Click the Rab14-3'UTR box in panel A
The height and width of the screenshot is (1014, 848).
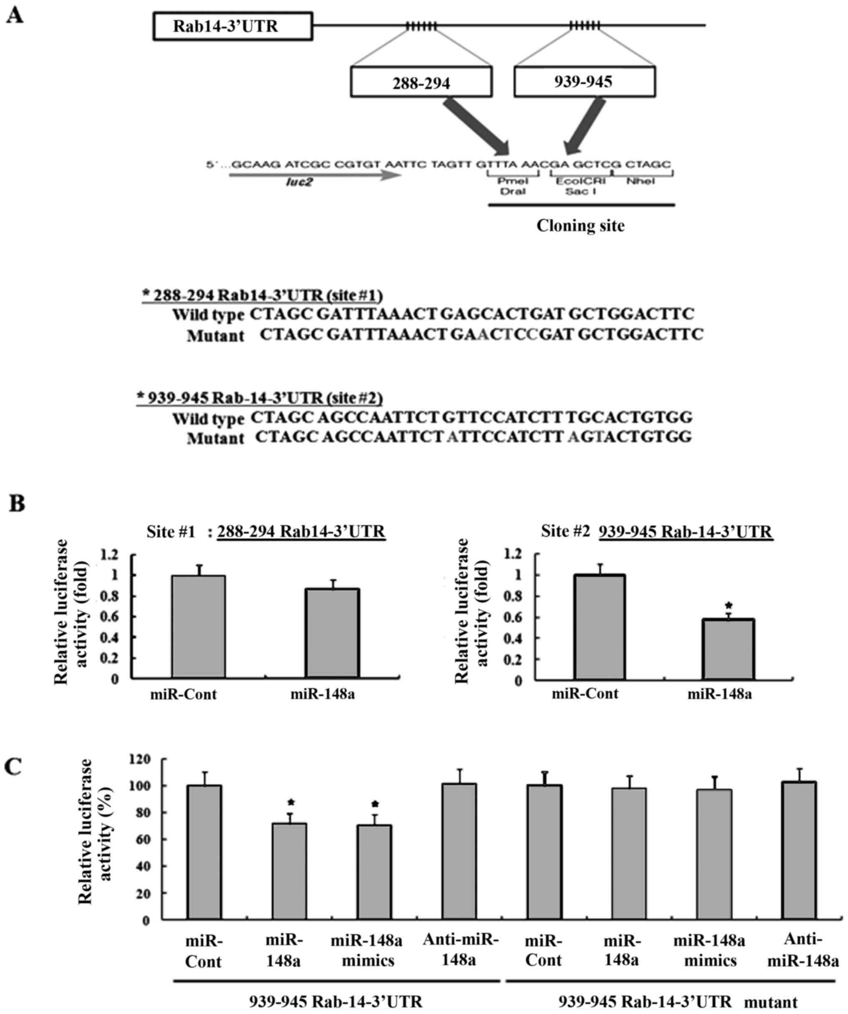(233, 26)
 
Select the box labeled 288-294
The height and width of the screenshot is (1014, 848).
(421, 83)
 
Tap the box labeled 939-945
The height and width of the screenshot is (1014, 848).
(584, 81)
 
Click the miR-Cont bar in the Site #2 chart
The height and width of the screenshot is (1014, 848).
(600, 627)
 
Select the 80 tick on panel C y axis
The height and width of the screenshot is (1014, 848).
(143, 813)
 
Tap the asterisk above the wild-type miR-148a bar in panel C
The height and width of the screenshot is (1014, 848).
(291, 803)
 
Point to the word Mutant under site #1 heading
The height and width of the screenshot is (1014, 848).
(216, 335)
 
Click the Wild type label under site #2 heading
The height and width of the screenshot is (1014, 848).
(208, 418)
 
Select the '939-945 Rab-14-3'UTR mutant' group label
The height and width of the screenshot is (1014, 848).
(678, 1001)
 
